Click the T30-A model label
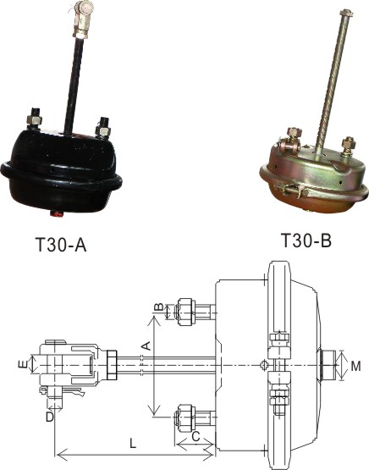[x=61, y=245]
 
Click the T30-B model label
[x=306, y=241]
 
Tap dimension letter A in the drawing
[x=146, y=346]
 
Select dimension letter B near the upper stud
[x=159, y=307]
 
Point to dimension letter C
[x=196, y=437]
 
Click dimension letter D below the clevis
[x=50, y=417]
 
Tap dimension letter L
[x=132, y=443]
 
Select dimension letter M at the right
[x=355, y=366]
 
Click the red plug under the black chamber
[x=57, y=214]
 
